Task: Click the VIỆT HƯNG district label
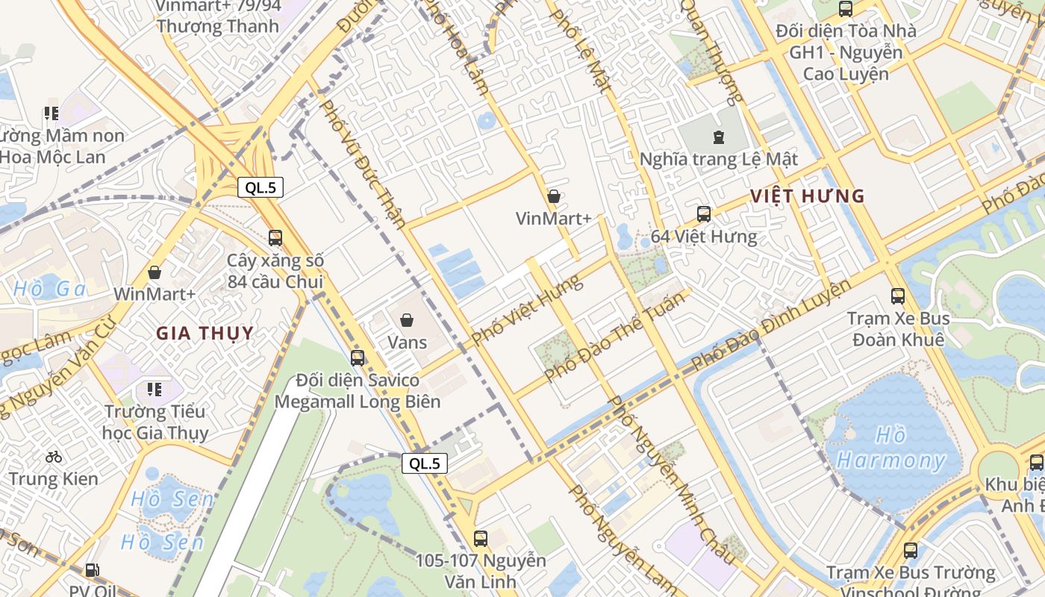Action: click(807, 196)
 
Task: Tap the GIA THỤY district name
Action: click(205, 333)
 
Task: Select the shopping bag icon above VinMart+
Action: click(554, 196)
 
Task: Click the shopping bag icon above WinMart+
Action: click(155, 272)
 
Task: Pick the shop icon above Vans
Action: click(407, 320)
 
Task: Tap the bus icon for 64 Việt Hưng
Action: click(703, 214)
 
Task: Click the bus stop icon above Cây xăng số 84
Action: click(275, 238)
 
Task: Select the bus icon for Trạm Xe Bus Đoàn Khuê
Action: click(898, 296)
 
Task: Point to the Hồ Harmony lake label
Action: click(890, 448)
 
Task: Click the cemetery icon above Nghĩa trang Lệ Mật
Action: click(718, 137)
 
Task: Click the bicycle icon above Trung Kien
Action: click(54, 456)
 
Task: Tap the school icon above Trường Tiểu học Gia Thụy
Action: click(155, 389)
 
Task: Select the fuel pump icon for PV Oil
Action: click(93, 570)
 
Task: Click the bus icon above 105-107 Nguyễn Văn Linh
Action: click(481, 538)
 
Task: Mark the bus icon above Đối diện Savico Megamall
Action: click(358, 357)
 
